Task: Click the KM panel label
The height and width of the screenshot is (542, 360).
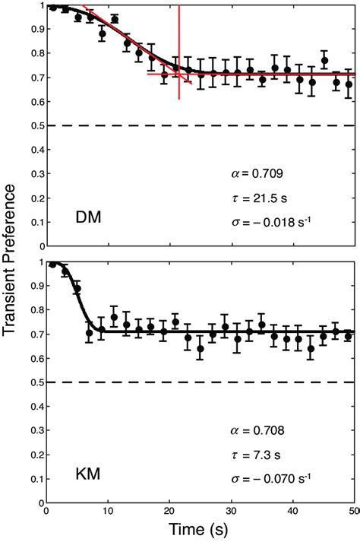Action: [x=90, y=477]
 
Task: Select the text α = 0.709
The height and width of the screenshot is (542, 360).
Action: [x=256, y=173]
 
